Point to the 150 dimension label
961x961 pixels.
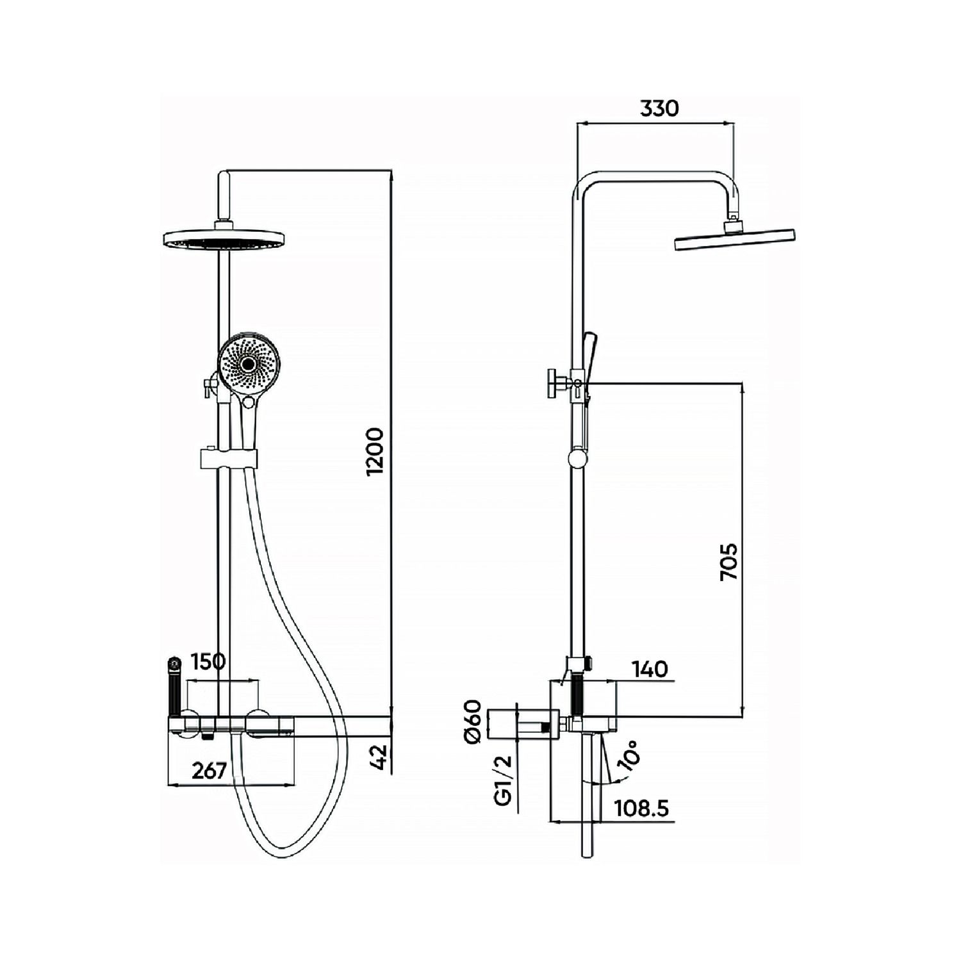click(209, 661)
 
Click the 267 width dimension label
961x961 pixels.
click(209, 770)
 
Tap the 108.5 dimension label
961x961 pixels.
click(641, 809)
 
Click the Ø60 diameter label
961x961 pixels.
click(473, 722)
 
